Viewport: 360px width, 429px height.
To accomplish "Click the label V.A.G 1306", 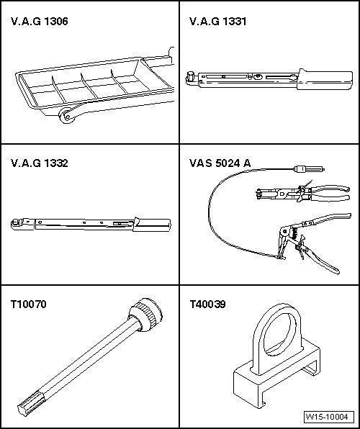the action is click(x=40, y=22).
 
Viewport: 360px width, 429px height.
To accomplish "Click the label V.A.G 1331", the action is click(x=218, y=22).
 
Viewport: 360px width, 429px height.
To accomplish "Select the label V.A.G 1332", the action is click(x=40, y=163).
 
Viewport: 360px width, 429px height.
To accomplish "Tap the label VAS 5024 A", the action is click(x=220, y=163).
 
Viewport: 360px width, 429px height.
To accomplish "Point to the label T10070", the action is click(x=29, y=304).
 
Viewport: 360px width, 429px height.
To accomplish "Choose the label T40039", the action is click(x=207, y=304).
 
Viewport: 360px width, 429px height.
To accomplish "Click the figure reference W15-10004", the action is click(x=328, y=417).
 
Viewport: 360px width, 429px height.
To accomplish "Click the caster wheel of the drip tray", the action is click(x=66, y=116).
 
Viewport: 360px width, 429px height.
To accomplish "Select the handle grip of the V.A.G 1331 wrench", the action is click(x=325, y=80).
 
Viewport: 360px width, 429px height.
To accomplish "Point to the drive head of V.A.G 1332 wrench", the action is click(x=17, y=224).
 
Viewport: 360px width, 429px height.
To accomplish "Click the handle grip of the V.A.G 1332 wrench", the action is click(x=152, y=225).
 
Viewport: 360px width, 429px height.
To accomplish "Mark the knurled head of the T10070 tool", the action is click(x=145, y=315).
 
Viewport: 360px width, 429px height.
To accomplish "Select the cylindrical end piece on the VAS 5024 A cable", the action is click(x=309, y=169).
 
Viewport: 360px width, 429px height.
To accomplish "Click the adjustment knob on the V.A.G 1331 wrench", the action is click(x=256, y=77).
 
